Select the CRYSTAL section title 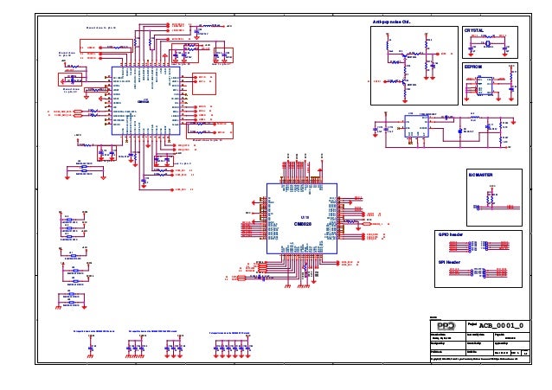point(475,30)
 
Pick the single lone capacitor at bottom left point(91,347)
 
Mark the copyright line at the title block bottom point(481,356)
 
